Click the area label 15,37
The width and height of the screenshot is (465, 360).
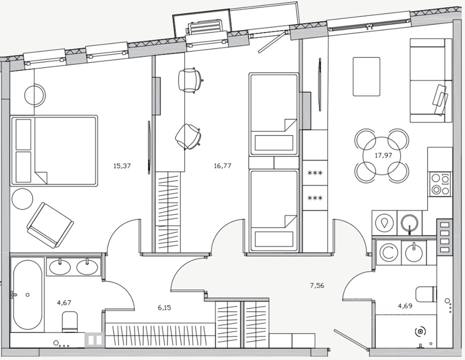click(122, 166)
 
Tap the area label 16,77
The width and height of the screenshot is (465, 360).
click(222, 166)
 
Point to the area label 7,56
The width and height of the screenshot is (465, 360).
click(317, 286)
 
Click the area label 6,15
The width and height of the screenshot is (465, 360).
click(164, 308)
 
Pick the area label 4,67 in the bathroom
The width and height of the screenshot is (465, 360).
click(64, 303)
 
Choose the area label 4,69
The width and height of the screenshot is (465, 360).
click(405, 305)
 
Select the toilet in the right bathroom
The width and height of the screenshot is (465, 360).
click(425, 295)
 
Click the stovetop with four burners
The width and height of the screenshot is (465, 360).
click(440, 184)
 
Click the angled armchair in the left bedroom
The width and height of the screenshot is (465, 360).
click(50, 225)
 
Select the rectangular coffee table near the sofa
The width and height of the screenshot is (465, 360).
click(367, 76)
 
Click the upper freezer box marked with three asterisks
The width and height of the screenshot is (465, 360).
click(315, 173)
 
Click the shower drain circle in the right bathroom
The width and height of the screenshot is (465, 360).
click(420, 332)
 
